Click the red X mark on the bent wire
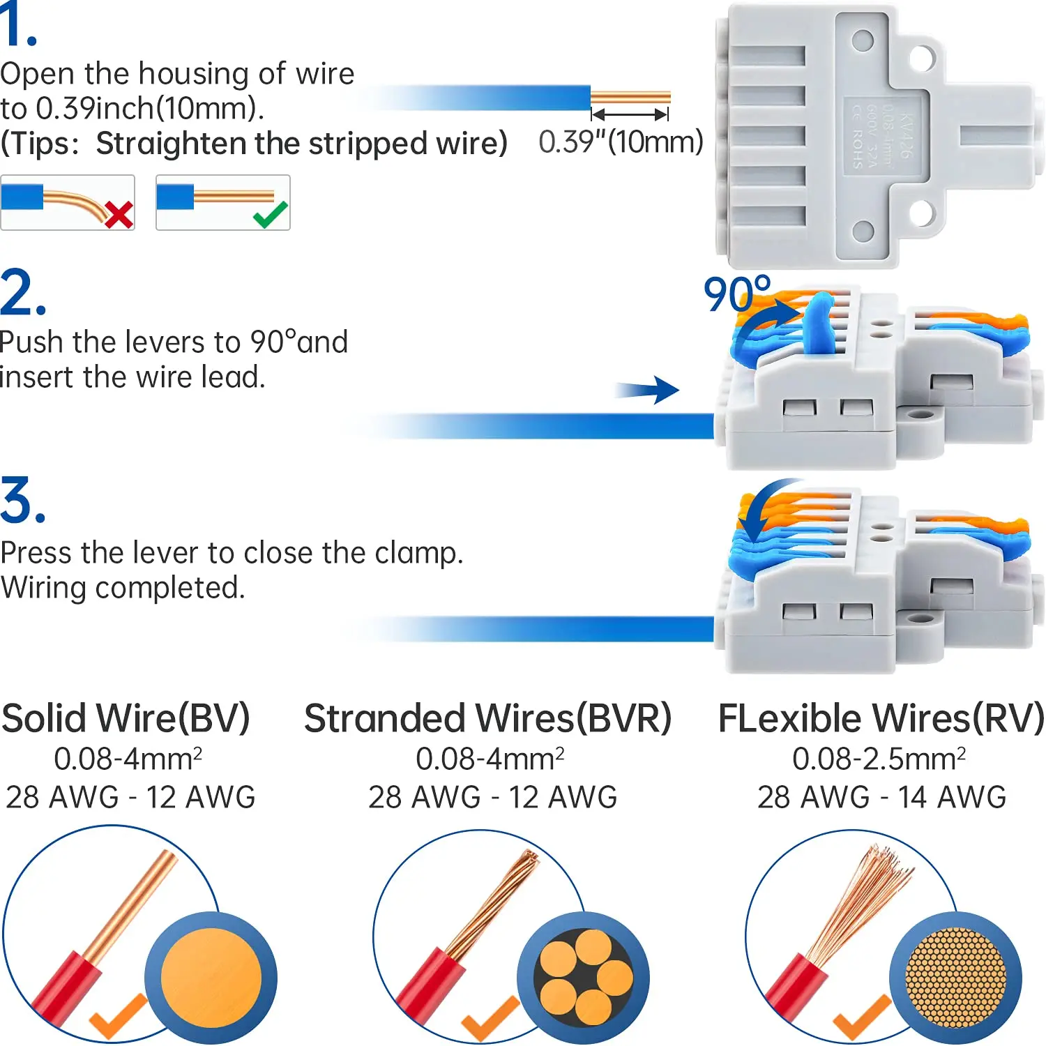[x=119, y=214]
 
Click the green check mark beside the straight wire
[x=271, y=215]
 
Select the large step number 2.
[x=22, y=293]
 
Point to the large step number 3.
[x=22, y=501]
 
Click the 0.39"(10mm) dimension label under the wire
[x=621, y=142]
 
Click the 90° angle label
[x=736, y=294]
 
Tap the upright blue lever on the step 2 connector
[x=819, y=321]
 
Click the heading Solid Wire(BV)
[x=126, y=718]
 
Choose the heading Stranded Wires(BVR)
[x=487, y=718]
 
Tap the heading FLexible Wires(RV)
[x=881, y=718]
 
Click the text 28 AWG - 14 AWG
[x=881, y=796]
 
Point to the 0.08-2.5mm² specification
[x=879, y=759]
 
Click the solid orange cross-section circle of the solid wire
[x=211, y=978]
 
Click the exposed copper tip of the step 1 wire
[x=630, y=97]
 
